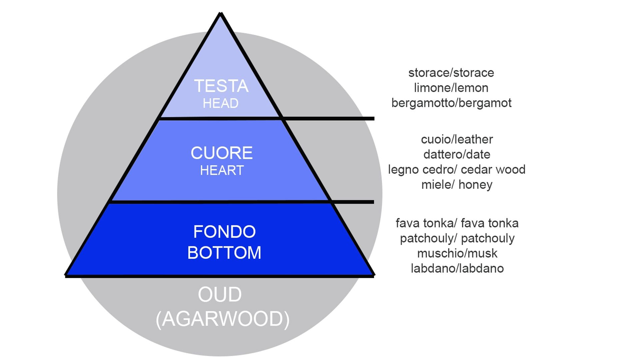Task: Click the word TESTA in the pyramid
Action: (221, 86)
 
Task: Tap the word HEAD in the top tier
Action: (221, 103)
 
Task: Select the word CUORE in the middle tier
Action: (222, 153)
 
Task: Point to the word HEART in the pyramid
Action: (222, 170)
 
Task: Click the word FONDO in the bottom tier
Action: (224, 232)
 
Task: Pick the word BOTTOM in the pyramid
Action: (224, 253)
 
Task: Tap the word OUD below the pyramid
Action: (220, 295)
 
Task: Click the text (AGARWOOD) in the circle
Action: (223, 319)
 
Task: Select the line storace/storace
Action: (451, 73)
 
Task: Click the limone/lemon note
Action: (451, 88)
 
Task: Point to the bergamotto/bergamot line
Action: (451, 103)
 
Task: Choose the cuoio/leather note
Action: (457, 139)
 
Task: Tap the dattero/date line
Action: (457, 154)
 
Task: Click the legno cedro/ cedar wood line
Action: (457, 170)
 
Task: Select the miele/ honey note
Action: (457, 185)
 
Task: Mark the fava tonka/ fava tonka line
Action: (457, 223)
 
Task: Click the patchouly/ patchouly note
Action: (457, 238)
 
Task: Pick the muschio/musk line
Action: (457, 253)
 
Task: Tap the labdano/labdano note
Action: (457, 268)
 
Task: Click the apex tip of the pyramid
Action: (220, 13)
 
